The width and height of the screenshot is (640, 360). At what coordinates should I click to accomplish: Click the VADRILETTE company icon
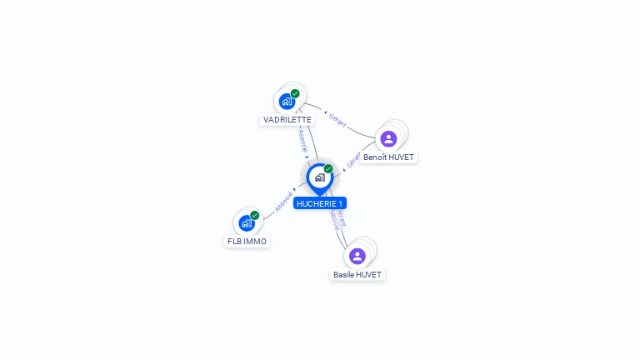tap(287, 102)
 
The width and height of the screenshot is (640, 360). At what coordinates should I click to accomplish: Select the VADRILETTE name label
tap(287, 120)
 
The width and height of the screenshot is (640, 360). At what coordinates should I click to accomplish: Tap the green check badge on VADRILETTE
tap(295, 93)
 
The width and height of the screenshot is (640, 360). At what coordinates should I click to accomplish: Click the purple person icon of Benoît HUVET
tap(388, 138)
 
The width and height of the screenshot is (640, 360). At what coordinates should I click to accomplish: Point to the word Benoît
tap(375, 157)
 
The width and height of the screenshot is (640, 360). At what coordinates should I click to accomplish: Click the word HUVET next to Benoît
tap(401, 157)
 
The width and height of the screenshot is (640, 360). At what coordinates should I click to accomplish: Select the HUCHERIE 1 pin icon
tap(319, 177)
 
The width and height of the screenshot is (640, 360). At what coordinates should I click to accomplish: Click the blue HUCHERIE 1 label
tap(319, 203)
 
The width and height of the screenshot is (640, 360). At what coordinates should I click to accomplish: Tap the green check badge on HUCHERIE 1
tap(328, 168)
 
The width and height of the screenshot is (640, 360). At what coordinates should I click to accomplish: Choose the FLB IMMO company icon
tap(247, 223)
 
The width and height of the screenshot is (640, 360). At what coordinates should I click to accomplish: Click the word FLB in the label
tap(234, 242)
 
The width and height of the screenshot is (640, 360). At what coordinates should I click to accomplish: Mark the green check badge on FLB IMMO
tap(255, 215)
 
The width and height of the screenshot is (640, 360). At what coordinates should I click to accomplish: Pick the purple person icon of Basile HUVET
tap(357, 256)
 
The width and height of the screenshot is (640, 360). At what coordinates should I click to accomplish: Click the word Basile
tap(343, 274)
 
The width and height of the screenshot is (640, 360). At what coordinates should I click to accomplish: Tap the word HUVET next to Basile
tap(368, 274)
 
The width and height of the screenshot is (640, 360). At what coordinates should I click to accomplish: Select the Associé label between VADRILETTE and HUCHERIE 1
tap(303, 140)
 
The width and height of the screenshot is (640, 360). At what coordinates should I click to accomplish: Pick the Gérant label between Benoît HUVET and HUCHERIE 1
tap(353, 159)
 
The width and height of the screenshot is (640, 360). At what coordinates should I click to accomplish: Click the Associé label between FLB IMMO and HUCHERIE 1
tap(284, 201)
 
